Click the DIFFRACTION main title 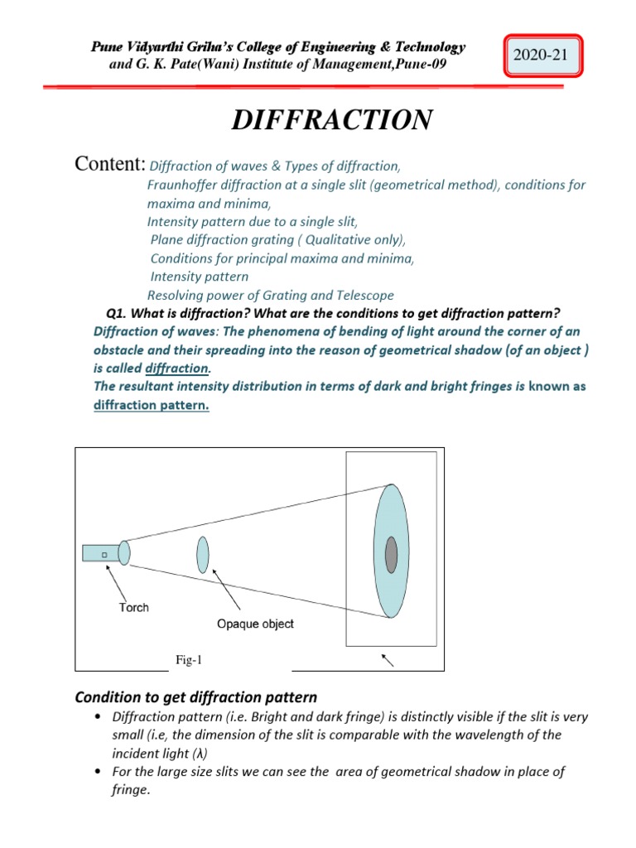(331, 120)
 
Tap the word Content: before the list (111, 164)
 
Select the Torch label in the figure (132, 607)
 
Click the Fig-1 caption (188, 659)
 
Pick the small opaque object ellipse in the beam (203, 554)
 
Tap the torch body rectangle (101, 552)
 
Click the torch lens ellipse (124, 552)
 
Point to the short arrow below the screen (387, 659)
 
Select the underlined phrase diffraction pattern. (151, 405)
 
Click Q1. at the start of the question (122, 312)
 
